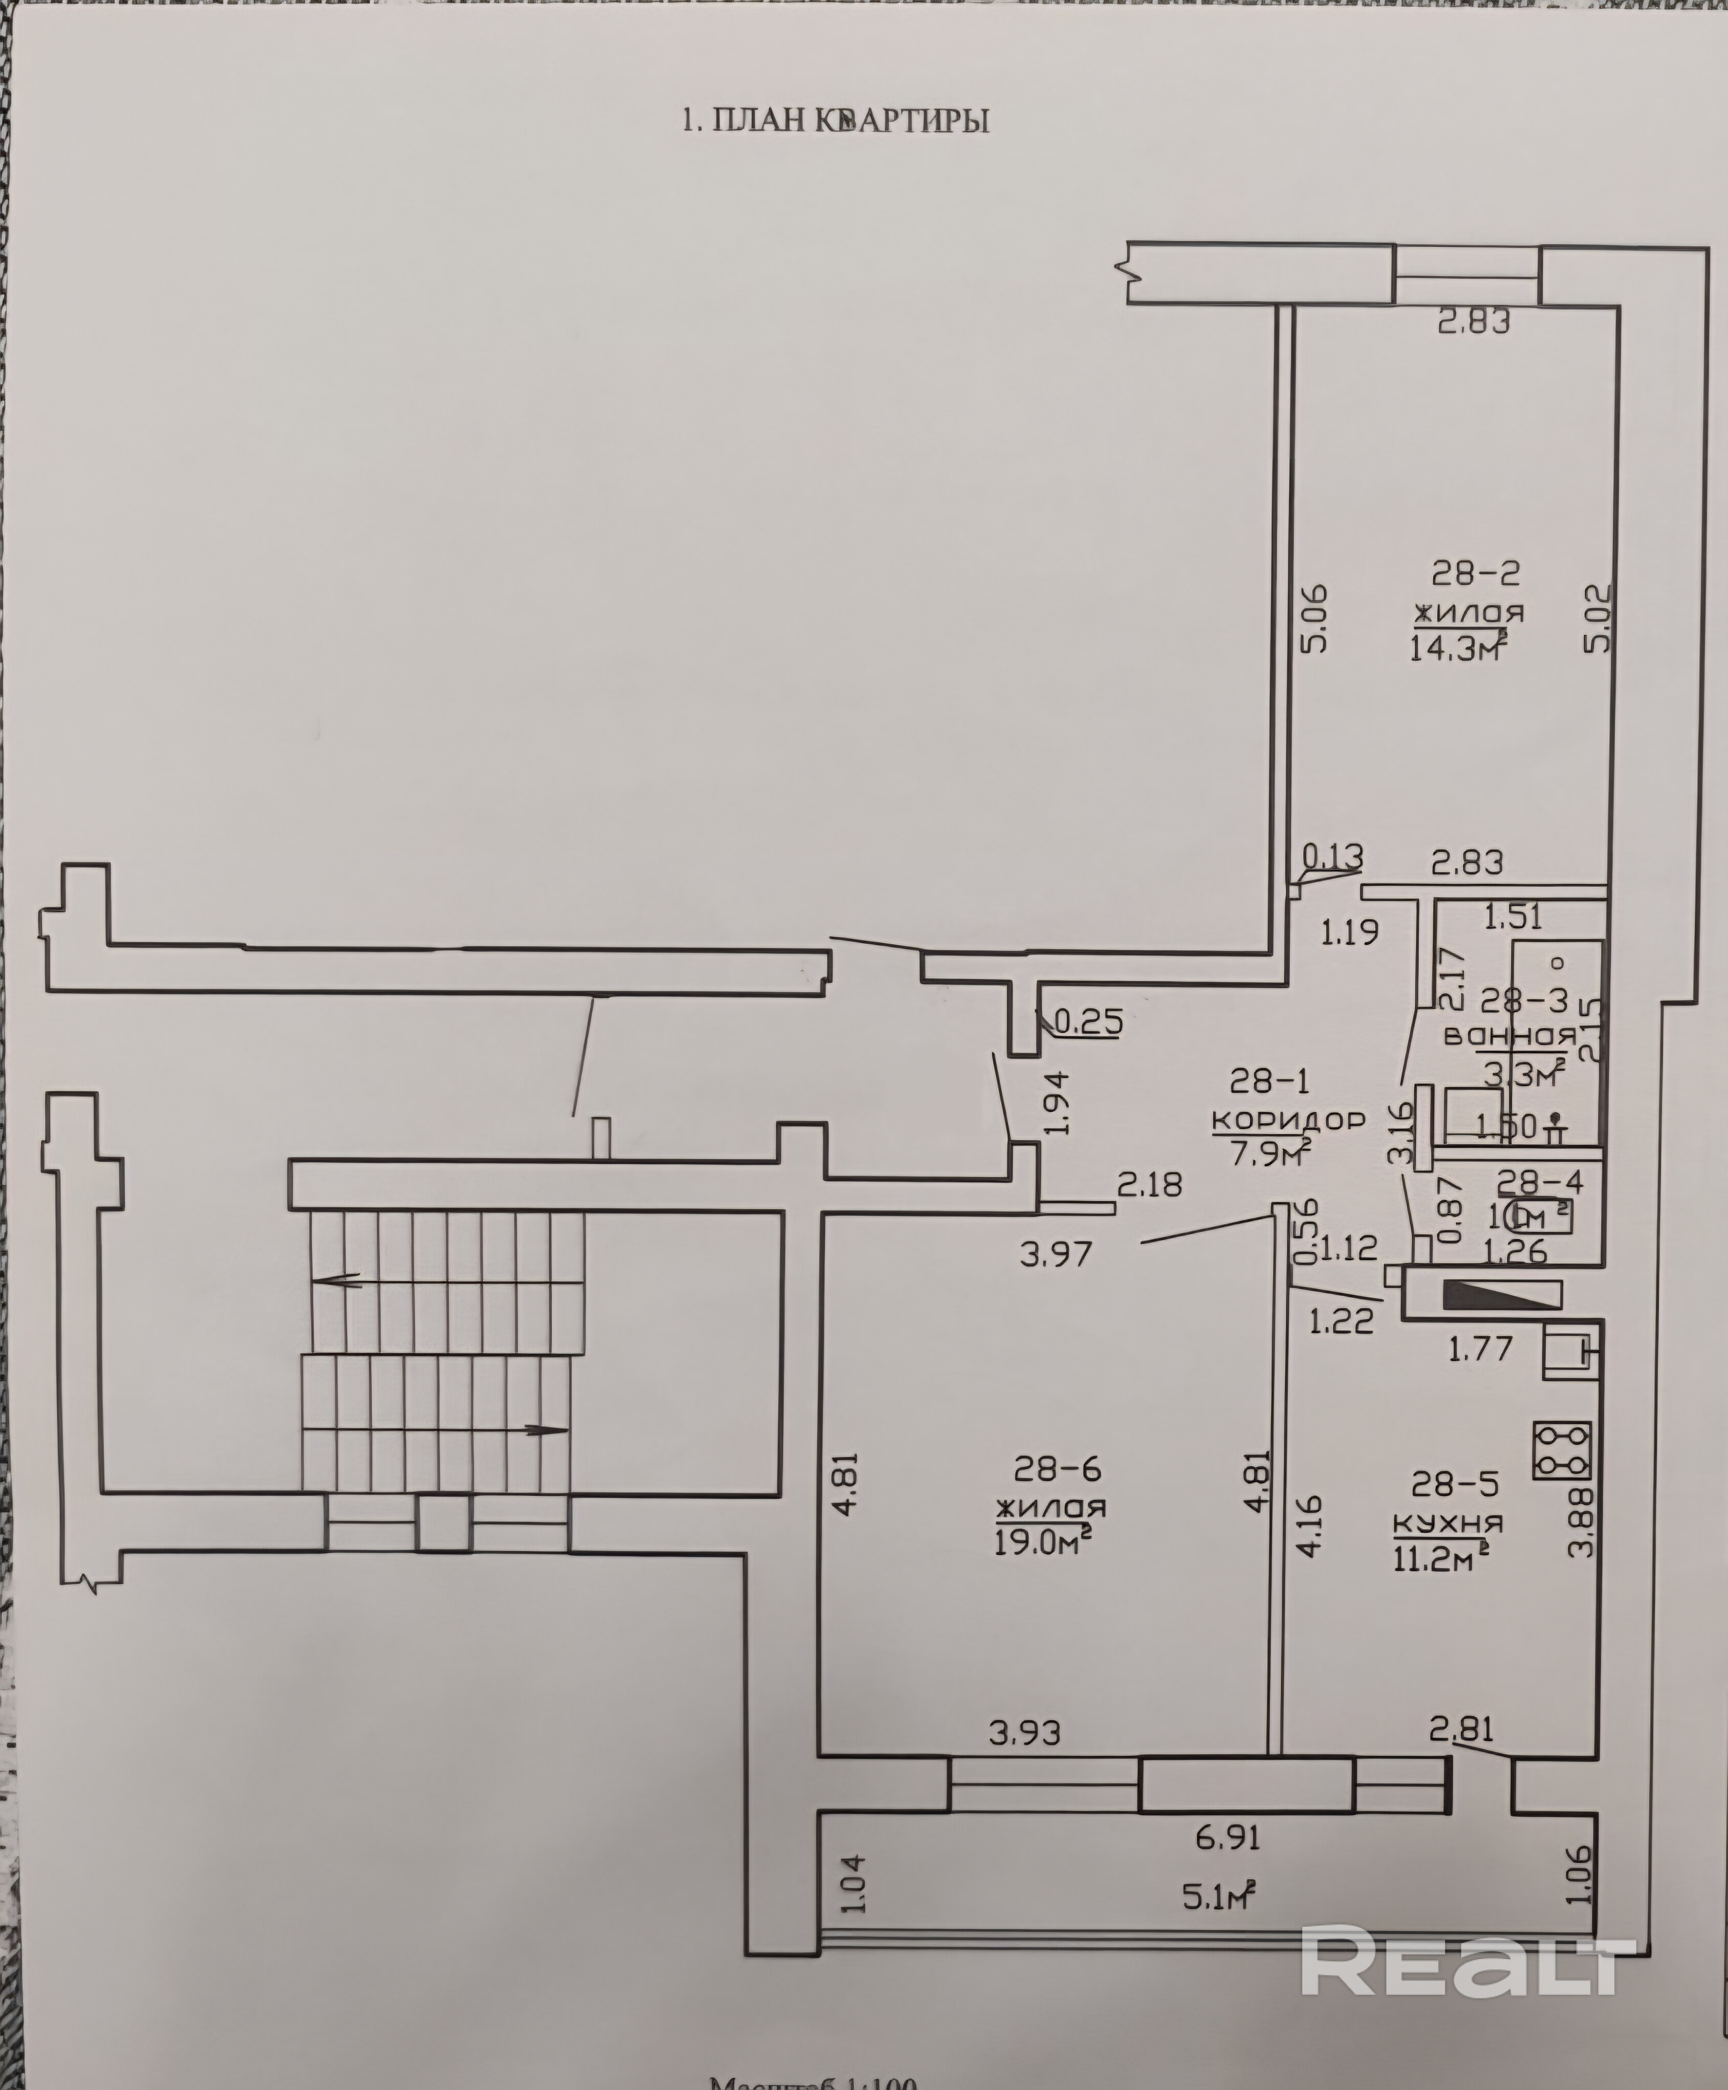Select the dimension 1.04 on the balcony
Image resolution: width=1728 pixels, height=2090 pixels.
coord(857,1883)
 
